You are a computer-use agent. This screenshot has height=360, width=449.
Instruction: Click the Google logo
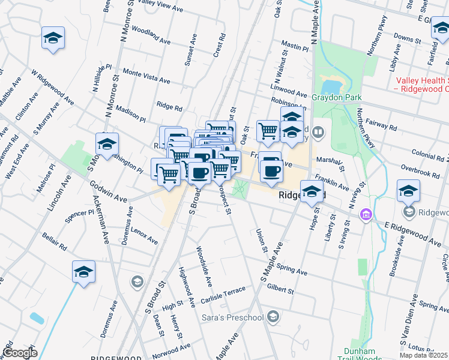click(x=20, y=353)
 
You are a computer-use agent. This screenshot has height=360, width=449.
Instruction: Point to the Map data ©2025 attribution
click(x=424, y=355)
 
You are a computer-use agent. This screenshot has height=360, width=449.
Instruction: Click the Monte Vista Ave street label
click(x=146, y=76)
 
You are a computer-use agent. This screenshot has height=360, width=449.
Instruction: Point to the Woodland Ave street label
click(x=151, y=35)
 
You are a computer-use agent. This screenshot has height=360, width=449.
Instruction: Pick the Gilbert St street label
click(x=280, y=290)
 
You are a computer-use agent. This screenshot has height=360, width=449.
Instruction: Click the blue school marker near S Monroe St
click(x=107, y=144)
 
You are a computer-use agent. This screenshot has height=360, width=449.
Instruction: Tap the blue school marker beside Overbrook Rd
click(x=408, y=191)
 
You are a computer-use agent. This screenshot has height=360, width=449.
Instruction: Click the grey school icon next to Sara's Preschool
click(x=274, y=316)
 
